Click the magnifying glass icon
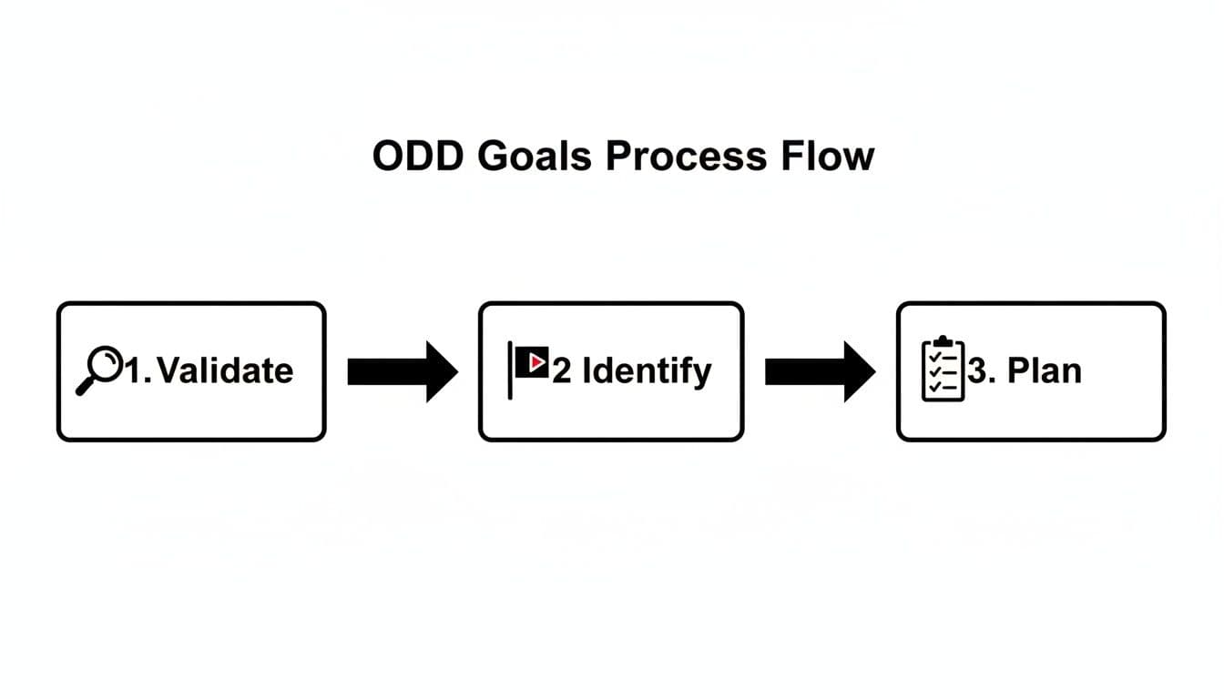(97, 370)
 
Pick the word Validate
(225, 370)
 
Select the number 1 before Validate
(134, 370)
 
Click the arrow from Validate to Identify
(402, 371)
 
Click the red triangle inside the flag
(536, 362)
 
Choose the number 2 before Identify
(562, 371)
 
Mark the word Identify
(647, 371)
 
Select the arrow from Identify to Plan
(819, 371)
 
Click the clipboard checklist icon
(943, 369)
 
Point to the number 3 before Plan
(977, 371)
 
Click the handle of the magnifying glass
(85, 387)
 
